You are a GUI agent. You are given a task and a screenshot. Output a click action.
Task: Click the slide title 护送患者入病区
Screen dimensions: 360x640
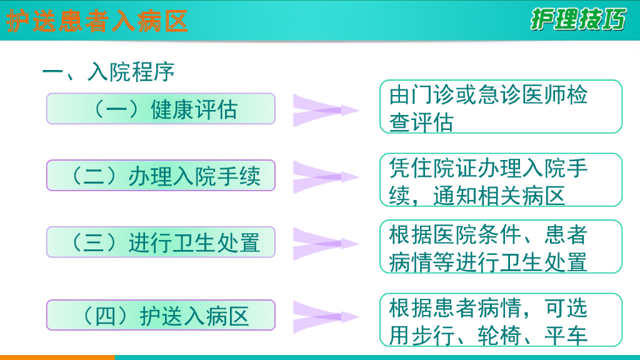pos(97,21)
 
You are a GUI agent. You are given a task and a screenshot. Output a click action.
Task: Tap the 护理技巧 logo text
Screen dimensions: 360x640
pos(577,19)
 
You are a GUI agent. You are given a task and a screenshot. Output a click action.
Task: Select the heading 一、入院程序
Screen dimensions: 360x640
pos(107,72)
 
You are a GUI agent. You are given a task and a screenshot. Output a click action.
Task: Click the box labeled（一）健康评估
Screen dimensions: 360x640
pos(161,109)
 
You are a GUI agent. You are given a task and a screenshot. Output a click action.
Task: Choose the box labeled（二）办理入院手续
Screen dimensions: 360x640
pos(161,176)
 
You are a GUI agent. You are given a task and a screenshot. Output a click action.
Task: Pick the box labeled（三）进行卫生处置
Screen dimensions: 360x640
pos(161,242)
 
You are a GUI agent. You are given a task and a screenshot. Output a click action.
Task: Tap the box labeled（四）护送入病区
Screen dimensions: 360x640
pos(161,315)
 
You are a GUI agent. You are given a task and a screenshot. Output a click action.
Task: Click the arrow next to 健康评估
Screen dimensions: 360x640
pos(325,110)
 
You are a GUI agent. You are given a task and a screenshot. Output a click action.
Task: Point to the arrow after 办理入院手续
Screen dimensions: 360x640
pos(325,177)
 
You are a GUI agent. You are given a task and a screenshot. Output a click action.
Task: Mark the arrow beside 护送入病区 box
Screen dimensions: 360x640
pos(325,316)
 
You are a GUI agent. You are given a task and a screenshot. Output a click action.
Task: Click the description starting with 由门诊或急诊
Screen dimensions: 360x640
pos(501,107)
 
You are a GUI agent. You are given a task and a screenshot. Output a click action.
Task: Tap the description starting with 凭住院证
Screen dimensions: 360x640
pos(501,180)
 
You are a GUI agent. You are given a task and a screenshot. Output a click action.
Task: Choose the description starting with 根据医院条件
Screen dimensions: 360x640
pos(501,247)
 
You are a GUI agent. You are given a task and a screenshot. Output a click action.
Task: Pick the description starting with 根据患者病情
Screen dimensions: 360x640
pos(501,320)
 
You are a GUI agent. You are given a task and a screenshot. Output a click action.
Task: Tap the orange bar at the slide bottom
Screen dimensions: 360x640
pos(57,357)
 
